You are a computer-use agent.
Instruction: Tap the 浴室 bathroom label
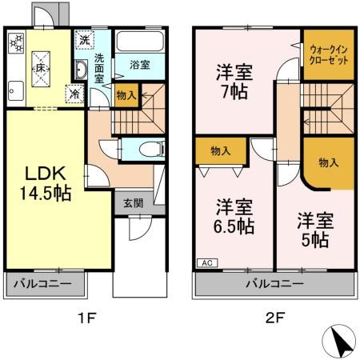pos(140,65)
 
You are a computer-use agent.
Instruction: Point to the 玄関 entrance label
pos(133,203)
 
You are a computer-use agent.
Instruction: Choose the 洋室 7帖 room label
pos(234,82)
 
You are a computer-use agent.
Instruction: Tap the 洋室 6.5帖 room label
pos(234,217)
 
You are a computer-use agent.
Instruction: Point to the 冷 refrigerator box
pos(74,93)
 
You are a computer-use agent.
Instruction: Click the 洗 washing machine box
pos(83,38)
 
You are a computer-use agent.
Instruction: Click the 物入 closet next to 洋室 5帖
pos(328,162)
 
